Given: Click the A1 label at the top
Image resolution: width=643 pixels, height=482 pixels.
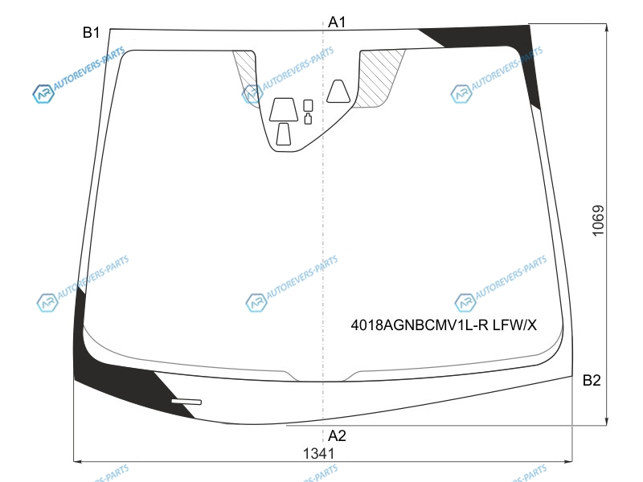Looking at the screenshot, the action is (x=337, y=22).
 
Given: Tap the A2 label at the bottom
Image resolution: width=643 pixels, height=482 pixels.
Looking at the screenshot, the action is (x=337, y=435).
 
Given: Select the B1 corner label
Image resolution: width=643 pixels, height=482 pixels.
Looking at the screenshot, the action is (x=91, y=32).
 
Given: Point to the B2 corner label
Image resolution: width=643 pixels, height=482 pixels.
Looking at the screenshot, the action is (x=592, y=380).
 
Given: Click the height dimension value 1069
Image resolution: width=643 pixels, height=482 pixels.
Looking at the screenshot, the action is (x=598, y=220).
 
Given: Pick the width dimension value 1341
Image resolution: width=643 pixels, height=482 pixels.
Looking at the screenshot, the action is (x=318, y=453).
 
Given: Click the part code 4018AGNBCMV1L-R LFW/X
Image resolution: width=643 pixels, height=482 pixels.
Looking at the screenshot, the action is (x=444, y=325).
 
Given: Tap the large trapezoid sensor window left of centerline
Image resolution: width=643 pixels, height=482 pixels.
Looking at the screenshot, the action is (x=284, y=109).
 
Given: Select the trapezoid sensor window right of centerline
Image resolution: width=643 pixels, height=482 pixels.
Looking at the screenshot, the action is (x=338, y=91).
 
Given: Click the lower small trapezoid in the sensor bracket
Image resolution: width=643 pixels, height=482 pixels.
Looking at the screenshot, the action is (x=284, y=134).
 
